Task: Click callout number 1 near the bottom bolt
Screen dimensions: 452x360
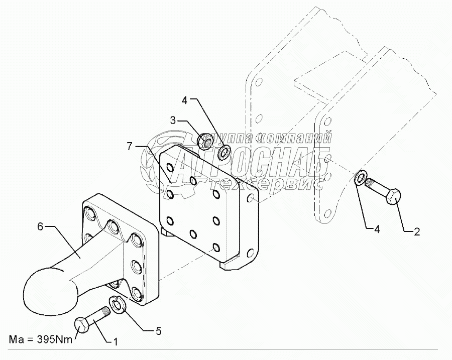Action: click(x=116, y=342)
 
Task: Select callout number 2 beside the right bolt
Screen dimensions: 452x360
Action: click(x=416, y=231)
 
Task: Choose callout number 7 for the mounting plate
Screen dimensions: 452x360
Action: click(x=130, y=146)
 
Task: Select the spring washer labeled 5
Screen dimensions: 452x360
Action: click(x=118, y=305)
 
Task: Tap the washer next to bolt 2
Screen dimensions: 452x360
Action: click(x=360, y=178)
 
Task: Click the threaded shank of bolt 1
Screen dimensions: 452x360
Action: click(x=101, y=315)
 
